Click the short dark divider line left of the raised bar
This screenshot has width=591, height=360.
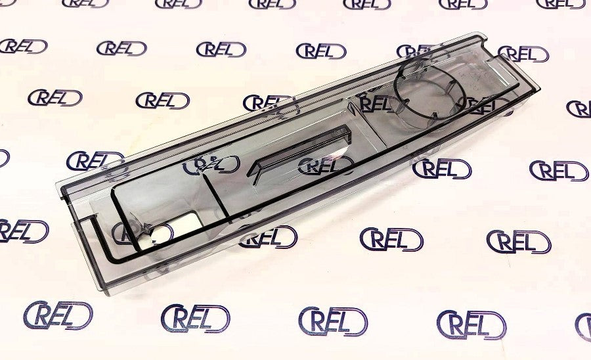point(217,196)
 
